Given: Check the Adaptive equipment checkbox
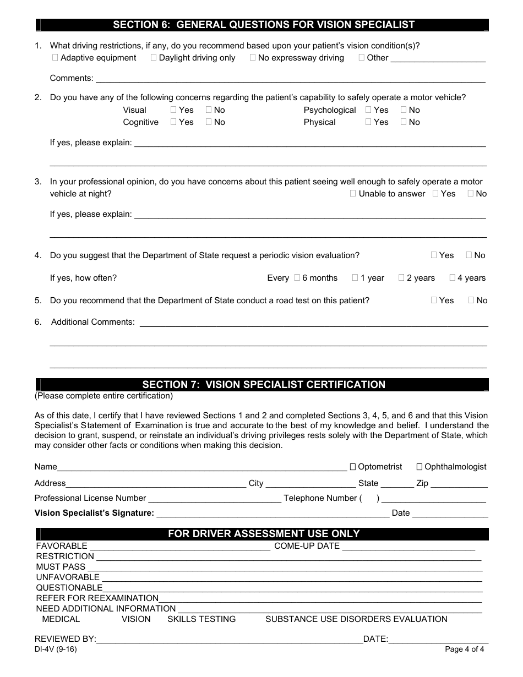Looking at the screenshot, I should click(x=55, y=58).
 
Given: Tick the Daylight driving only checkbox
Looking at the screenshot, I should click(x=154, y=58).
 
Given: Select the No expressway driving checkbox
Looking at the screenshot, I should click(x=253, y=58).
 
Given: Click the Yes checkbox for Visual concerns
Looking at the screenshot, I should click(x=173, y=110).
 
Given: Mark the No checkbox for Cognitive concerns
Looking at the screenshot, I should click(x=209, y=122).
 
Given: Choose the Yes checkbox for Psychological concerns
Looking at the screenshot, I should click(x=368, y=110).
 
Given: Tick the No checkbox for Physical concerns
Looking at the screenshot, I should click(x=404, y=122).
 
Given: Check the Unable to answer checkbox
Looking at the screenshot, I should click(x=353, y=194).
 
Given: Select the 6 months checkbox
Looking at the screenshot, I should click(x=297, y=278).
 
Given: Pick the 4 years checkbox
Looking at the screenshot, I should click(x=452, y=278).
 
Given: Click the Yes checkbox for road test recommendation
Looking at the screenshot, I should click(x=434, y=301).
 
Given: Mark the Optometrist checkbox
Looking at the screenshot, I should click(x=353, y=467).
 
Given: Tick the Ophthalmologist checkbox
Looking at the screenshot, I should click(x=420, y=467).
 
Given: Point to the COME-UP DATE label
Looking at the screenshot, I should click(x=307, y=546).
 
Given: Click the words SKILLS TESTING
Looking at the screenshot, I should click(x=201, y=619).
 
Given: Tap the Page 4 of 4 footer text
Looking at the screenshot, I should click(x=464, y=649).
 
